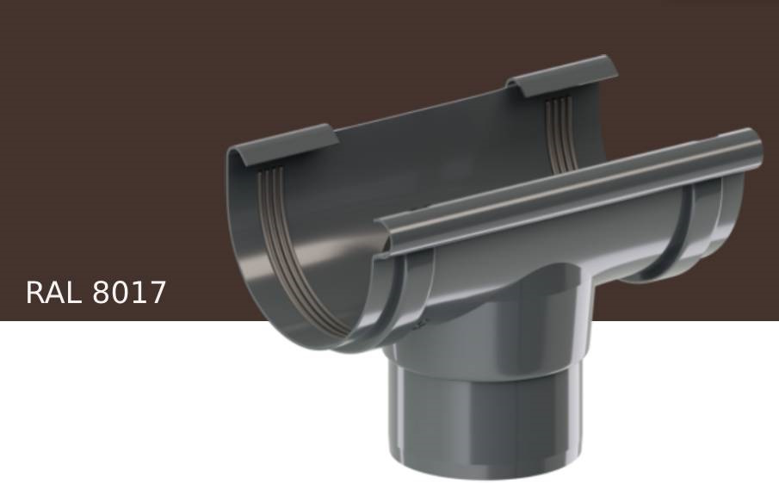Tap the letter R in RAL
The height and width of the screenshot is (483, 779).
[36, 293]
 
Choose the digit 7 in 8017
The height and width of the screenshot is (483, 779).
[156, 293]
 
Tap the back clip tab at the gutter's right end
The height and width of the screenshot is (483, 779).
[563, 75]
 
